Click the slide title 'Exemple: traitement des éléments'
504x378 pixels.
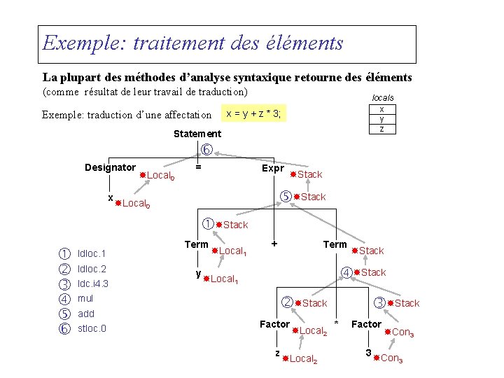193,43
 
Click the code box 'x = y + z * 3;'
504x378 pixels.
253,113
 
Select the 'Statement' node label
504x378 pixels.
197,134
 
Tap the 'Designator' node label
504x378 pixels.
110,167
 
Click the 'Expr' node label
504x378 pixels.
272,168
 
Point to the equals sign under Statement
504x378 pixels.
199,167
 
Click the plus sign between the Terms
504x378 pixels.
275,244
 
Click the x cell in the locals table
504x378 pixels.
381,109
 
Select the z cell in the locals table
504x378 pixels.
381,129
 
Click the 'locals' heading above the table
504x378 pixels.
382,98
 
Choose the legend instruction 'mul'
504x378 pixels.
85,298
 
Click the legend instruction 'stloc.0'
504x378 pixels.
92,328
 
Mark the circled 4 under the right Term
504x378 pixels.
346,272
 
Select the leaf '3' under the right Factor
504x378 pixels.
367,353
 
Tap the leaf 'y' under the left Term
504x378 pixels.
199,273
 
